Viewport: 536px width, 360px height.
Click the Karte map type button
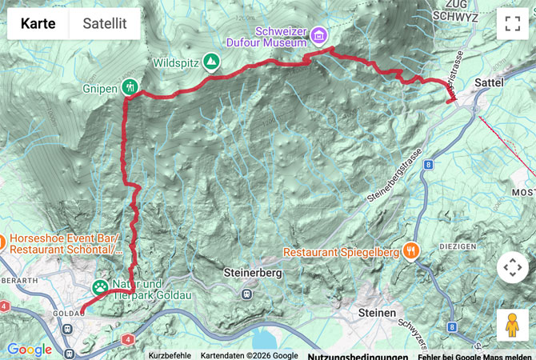38,23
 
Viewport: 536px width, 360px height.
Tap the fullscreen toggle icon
512,23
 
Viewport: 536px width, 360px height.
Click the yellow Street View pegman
512,324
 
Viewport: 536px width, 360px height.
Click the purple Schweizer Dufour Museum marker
319,36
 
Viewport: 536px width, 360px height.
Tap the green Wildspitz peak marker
211,62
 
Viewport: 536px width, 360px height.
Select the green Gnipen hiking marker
130,87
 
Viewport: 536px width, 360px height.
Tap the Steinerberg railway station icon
246,293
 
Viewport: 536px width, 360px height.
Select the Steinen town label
377,313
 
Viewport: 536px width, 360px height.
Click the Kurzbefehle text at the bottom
169,355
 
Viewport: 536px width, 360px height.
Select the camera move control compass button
512,268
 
